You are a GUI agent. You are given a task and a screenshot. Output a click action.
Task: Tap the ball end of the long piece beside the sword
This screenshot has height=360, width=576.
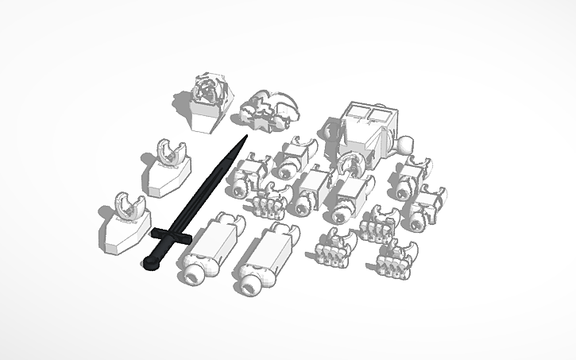point(191,274)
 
